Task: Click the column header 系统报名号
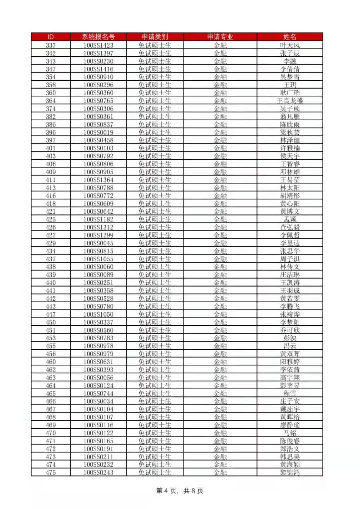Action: (98, 37)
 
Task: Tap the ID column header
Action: (51, 37)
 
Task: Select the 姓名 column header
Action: (290, 37)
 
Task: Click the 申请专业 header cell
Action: (220, 37)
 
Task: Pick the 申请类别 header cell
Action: (155, 37)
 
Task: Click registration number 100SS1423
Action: (98, 45)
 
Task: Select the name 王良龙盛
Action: (290, 101)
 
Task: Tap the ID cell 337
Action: (51, 45)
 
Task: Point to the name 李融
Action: (290, 61)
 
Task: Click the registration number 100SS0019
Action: (98, 132)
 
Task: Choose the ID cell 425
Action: (51, 219)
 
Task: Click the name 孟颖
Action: (290, 219)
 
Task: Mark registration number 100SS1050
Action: (98, 314)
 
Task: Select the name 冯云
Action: (290, 346)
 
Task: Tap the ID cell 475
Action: (51, 472)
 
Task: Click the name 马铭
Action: (290, 433)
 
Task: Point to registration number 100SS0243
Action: (98, 472)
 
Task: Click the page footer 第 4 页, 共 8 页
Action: (180, 491)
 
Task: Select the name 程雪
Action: (290, 393)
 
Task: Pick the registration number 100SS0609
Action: (98, 204)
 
